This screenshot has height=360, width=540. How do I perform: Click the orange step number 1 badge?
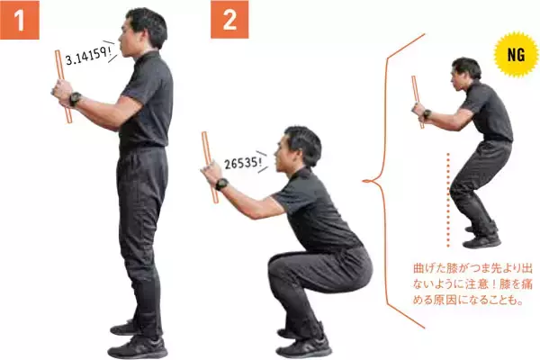pos(20,20)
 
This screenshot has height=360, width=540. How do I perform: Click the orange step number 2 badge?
pos(229,20)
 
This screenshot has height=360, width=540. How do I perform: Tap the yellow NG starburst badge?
pos(516,55)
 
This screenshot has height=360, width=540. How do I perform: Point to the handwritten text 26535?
pos(242,163)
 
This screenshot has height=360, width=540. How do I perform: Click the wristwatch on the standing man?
pos(75,99)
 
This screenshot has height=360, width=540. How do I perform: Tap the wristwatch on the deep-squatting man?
pos(221,184)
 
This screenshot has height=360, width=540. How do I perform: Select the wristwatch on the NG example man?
pos(427,113)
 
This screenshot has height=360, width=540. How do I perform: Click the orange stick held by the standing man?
pos(63,86)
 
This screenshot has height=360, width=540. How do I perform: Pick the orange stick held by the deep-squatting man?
pos(210,167)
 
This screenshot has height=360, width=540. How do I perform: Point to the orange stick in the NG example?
pos(418,102)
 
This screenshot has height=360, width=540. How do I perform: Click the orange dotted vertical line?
pos(448,200)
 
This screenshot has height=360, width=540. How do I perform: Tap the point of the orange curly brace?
pos(363,181)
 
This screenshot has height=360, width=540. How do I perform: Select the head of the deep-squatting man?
pos(297,148)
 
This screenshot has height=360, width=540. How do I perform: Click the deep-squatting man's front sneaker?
pos(304,346)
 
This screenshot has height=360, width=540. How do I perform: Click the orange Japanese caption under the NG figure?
pos(472,284)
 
